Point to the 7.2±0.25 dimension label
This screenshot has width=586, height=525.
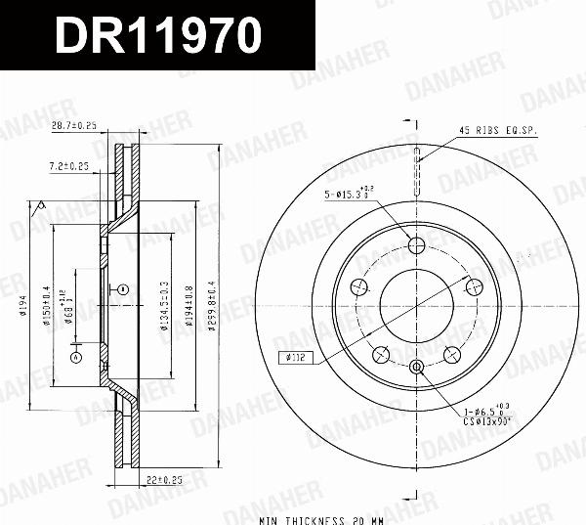coord(68,167)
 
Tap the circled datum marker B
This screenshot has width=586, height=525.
coord(123,289)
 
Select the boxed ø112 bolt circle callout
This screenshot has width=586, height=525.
coord(295,358)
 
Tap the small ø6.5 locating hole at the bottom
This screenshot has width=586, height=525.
coord(416,367)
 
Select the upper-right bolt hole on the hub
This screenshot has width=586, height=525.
coord(476,286)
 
